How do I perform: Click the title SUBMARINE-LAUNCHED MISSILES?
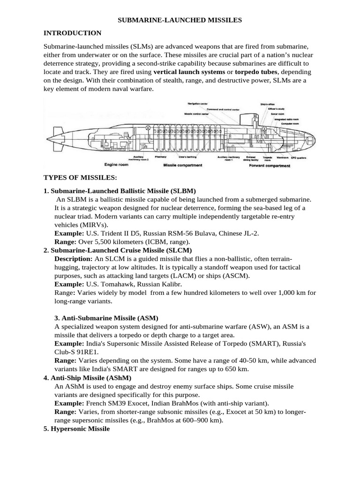[180, 20]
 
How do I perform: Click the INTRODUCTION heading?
[72, 33]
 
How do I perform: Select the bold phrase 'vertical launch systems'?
[189, 72]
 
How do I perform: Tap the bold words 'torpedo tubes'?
[256, 72]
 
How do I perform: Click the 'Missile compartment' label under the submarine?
[182, 165]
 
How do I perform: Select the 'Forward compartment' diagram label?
[270, 165]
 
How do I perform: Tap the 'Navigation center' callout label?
[198, 103]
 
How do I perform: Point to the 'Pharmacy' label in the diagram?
[161, 157]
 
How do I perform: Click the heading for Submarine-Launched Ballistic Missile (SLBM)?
[120, 191]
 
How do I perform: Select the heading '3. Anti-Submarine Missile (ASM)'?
[106, 318]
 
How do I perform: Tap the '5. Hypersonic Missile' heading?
[76, 428]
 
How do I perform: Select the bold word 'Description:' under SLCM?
[74, 259]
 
